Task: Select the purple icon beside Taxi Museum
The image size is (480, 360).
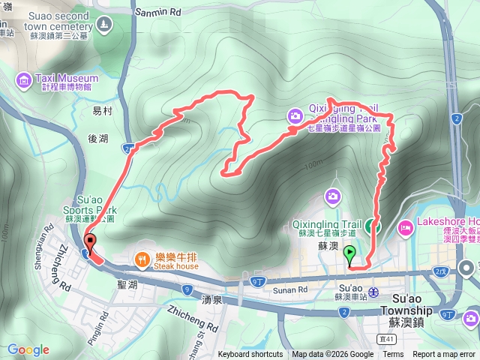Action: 24,79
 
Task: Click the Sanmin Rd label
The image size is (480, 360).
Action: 159,13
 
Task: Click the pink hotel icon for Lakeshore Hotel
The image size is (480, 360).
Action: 406,226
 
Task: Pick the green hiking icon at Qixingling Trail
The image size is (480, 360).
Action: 376,223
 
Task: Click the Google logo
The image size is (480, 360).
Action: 28,349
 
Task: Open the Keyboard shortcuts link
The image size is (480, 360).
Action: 250,355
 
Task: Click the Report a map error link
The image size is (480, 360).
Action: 444,355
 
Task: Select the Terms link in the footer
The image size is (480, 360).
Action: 393,355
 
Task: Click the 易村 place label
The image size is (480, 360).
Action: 102,110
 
